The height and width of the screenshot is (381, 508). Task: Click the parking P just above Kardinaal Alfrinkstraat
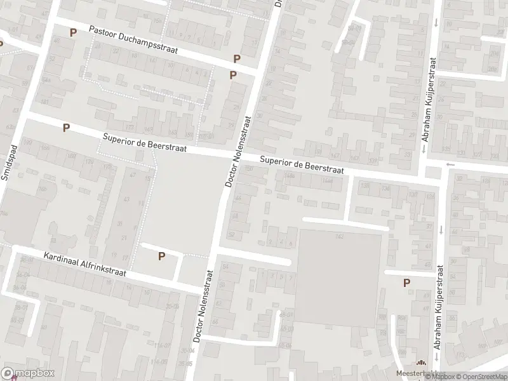point(161,256)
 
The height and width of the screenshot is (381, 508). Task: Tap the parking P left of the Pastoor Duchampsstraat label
point(73,32)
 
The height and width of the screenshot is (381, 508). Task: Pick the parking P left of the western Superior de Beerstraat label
point(66,128)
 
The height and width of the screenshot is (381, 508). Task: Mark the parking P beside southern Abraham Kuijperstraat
point(406,283)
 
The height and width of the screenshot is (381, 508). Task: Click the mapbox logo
point(28,373)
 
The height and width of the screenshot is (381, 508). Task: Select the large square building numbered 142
point(339,276)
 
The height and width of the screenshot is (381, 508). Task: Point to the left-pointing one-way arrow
point(451,164)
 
